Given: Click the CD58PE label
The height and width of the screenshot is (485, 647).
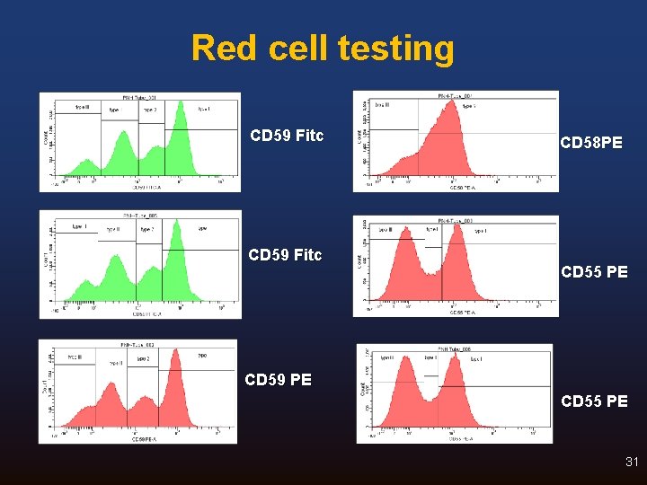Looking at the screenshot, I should click(590, 143).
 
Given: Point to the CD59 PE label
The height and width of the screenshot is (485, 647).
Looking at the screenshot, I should click(279, 379).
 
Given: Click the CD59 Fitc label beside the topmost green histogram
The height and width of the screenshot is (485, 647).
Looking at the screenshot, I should click(287, 137).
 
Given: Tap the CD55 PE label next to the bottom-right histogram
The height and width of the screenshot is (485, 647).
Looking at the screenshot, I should click(594, 401).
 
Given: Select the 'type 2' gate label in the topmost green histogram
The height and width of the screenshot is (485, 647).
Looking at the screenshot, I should click(148, 110).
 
